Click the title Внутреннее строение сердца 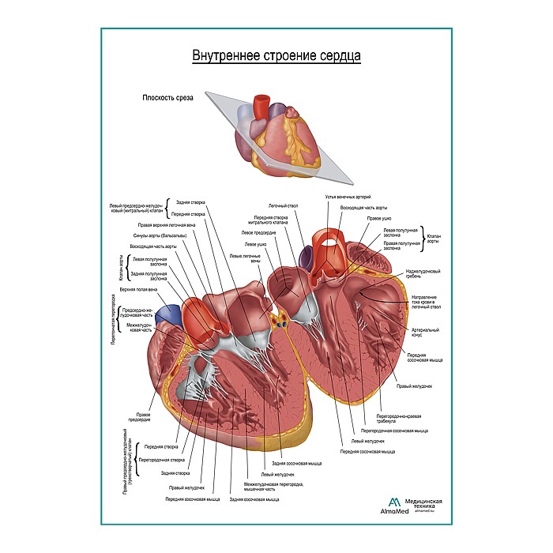(276, 56)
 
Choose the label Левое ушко (255, 245)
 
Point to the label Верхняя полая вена (138, 290)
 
